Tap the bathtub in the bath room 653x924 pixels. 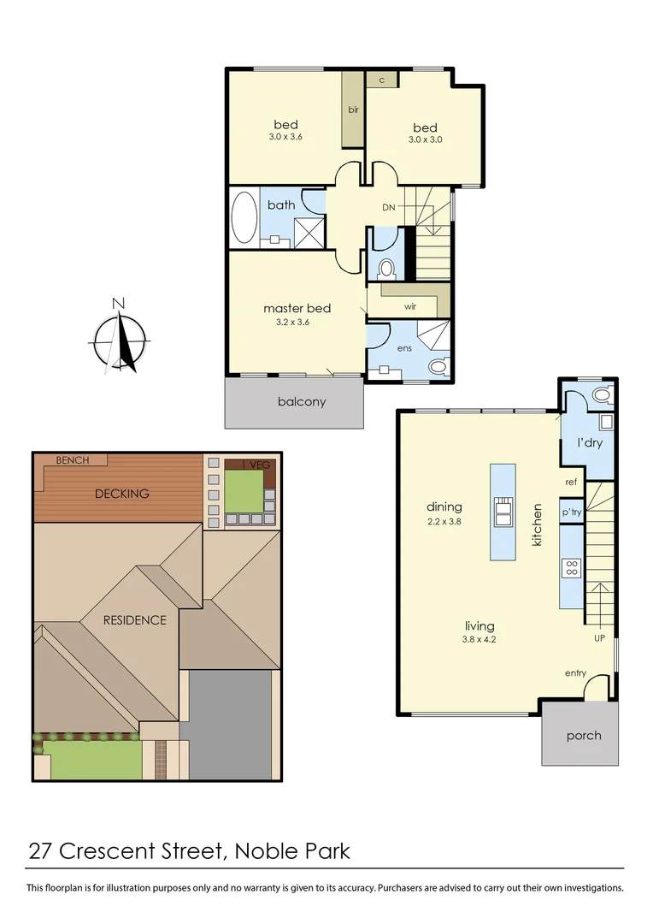(244, 217)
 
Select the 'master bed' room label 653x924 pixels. (297, 308)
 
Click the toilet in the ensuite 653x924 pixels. (438, 367)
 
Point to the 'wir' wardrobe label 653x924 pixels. (409, 305)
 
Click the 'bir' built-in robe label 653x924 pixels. (353, 110)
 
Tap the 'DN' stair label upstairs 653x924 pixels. (389, 206)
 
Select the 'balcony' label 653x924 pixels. (302, 401)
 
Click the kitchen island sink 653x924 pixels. (502, 511)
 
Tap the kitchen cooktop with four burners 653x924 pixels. (572, 568)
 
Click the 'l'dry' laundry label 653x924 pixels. (591, 444)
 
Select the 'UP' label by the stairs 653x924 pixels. (599, 637)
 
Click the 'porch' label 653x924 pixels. (584, 735)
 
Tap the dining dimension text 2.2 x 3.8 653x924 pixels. (444, 521)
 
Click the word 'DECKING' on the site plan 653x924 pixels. (122, 493)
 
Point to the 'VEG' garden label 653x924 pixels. (259, 465)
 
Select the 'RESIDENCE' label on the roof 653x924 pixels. (135, 619)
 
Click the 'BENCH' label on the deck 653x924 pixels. (73, 460)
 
